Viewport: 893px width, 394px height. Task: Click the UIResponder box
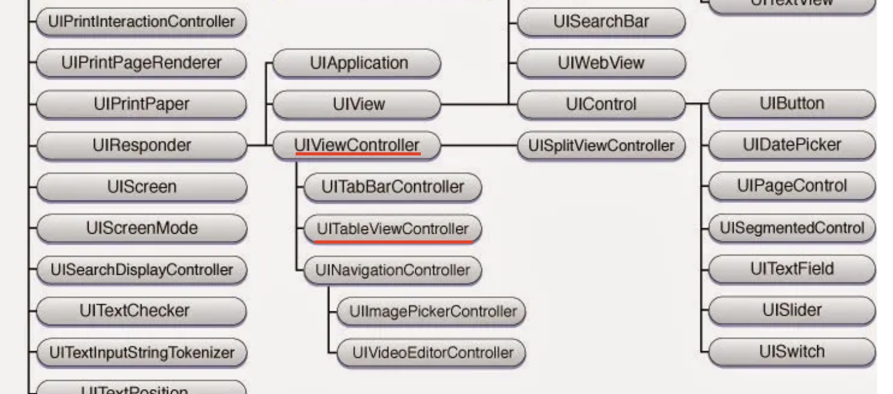pos(142,146)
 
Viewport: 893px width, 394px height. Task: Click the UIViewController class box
pos(357,146)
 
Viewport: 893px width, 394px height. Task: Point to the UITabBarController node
pos(392,187)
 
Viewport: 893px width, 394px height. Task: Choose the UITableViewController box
pos(392,229)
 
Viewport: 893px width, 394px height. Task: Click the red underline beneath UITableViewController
pos(393,242)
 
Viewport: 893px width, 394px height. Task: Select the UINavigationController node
pos(392,270)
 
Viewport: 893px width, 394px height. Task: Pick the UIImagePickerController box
pos(432,311)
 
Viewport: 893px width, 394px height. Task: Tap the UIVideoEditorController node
pos(432,353)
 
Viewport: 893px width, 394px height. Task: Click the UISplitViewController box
pos(602,146)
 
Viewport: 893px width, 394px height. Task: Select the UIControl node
pos(602,105)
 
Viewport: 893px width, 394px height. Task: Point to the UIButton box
pos(792,103)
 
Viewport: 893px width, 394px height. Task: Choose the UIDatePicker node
pos(792,145)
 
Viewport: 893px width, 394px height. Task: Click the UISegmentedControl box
pos(792,228)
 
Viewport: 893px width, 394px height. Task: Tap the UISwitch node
pos(792,352)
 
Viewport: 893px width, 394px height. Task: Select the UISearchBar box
pos(602,22)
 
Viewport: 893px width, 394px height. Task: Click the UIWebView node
pos(602,63)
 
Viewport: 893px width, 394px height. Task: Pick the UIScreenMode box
pos(142,228)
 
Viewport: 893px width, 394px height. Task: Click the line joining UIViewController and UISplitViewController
pos(479,146)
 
